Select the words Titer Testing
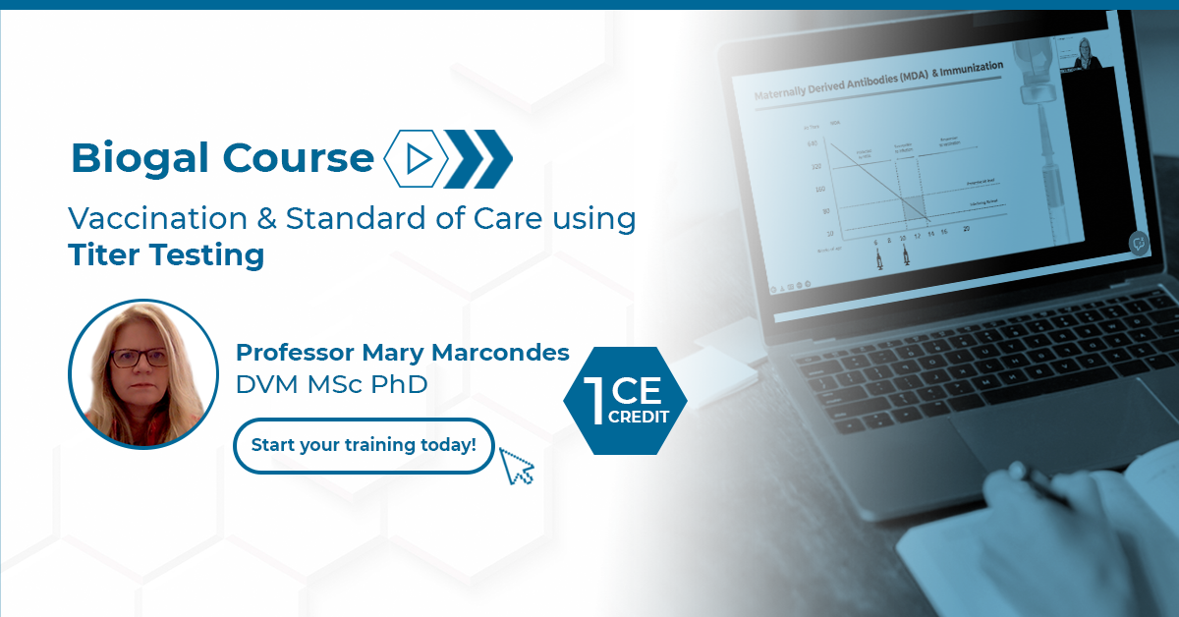(166, 255)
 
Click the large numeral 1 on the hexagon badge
(593, 402)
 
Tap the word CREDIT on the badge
(640, 417)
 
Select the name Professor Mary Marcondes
(403, 352)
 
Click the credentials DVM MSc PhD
(332, 384)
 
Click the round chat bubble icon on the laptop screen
(1140, 243)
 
